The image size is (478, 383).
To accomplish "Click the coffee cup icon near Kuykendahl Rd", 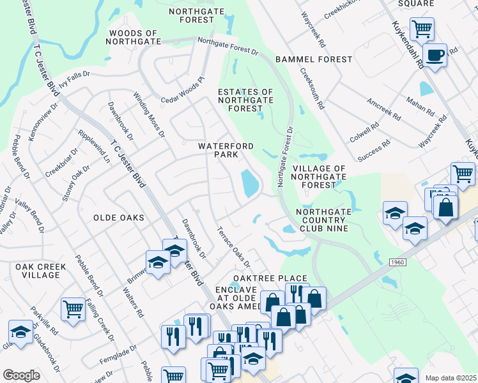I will click(x=435, y=55).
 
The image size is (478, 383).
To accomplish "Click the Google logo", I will click(x=21, y=375).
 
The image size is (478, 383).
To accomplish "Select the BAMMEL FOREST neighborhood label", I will click(x=314, y=59).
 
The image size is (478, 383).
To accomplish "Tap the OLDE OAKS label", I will click(x=119, y=218).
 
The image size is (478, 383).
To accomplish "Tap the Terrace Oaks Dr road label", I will click(x=233, y=246).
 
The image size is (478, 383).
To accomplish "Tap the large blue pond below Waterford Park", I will click(x=249, y=184).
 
